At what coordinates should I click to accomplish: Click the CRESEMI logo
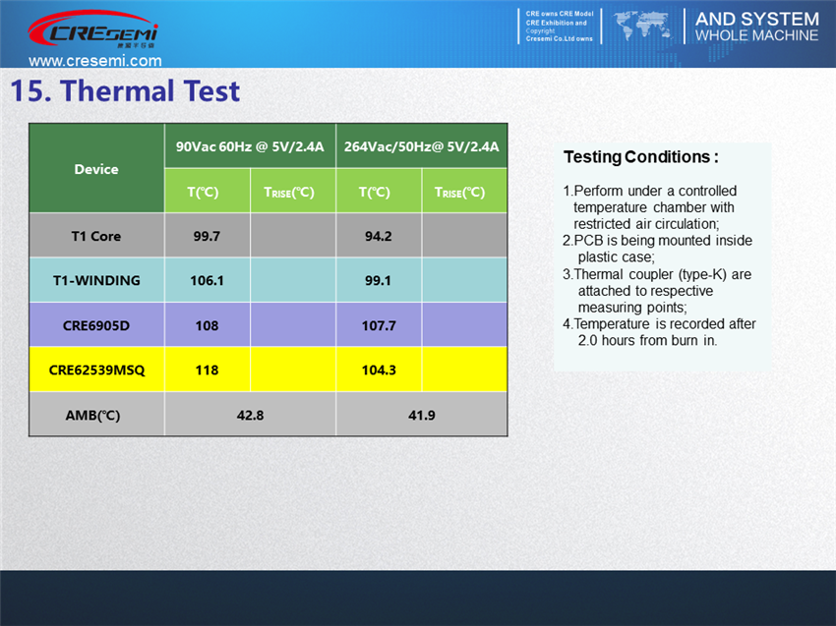(92, 29)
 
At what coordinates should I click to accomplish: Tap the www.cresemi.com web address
(95, 60)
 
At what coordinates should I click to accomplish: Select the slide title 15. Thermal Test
(125, 90)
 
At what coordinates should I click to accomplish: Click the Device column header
(96, 169)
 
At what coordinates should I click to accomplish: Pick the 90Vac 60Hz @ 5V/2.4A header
(250, 146)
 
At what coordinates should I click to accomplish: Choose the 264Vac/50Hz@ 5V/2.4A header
(421, 146)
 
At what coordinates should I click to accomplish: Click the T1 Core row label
(96, 236)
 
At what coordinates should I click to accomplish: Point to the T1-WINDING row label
(96, 280)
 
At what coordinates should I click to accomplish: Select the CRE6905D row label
(96, 325)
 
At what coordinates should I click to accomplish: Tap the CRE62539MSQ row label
(96, 370)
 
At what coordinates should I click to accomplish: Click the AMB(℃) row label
(92, 416)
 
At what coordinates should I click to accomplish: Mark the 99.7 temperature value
(207, 236)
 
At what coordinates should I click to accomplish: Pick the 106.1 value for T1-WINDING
(207, 280)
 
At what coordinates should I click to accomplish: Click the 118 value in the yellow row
(207, 370)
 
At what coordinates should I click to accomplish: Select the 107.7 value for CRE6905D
(379, 325)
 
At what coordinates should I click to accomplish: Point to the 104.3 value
(379, 370)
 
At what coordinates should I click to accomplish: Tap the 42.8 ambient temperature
(250, 416)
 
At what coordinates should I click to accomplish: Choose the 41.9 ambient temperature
(421, 416)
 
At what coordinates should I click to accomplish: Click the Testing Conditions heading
(641, 157)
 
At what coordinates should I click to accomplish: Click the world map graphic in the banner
(643, 27)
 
